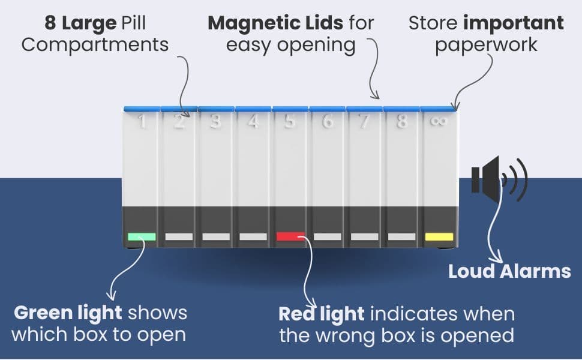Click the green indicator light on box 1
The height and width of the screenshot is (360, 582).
[x=142, y=237]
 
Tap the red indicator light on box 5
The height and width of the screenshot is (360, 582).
[x=290, y=236]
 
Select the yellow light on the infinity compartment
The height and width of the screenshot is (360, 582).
[x=439, y=237]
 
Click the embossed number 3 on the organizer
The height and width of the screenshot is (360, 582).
[x=215, y=121]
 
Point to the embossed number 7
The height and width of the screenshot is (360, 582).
[x=364, y=121]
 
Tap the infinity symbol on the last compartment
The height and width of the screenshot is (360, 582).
[x=439, y=121]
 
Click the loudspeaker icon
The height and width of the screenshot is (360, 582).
[x=499, y=179]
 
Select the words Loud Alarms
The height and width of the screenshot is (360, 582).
[x=509, y=271]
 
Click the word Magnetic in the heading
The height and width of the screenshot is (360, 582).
[x=275, y=23]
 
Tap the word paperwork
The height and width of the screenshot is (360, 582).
[x=486, y=45]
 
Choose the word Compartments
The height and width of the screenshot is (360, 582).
[x=95, y=45]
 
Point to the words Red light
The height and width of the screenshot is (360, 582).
[x=322, y=314]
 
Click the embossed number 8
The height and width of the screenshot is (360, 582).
[x=401, y=121]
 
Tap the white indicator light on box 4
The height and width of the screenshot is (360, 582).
[x=253, y=237]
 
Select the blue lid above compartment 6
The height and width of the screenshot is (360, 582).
[x=328, y=109]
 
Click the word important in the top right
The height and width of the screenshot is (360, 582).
[x=514, y=24]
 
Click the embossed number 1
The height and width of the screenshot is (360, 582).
[x=142, y=121]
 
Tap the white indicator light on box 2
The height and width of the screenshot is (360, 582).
[x=179, y=237]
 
